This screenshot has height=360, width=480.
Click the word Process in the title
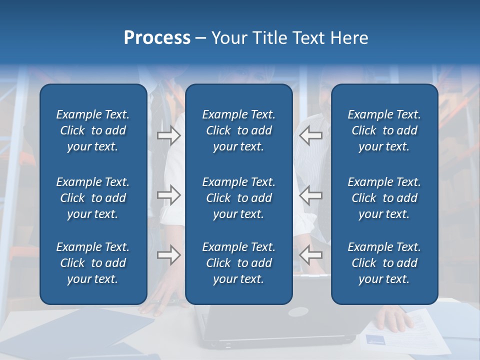click(157, 38)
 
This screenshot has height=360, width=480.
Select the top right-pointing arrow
click(168, 135)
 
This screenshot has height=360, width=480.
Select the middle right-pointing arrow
click(168, 195)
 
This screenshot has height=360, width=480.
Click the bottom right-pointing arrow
click(168, 255)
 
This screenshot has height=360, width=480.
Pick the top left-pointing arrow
click(310, 135)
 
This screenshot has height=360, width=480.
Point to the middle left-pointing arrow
click(310, 195)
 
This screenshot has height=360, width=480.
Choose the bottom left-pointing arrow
click(310, 255)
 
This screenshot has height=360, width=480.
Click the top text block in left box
click(93, 130)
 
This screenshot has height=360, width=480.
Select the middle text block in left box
click(93, 198)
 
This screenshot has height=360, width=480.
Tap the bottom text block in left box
click(93, 263)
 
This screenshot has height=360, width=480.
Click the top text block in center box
click(238, 130)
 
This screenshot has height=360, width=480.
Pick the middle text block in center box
click(238, 198)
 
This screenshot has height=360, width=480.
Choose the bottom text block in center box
click(238, 263)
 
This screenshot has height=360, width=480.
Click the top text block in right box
click(384, 130)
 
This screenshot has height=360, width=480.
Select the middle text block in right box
click(384, 198)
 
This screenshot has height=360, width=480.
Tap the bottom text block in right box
click(384, 263)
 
